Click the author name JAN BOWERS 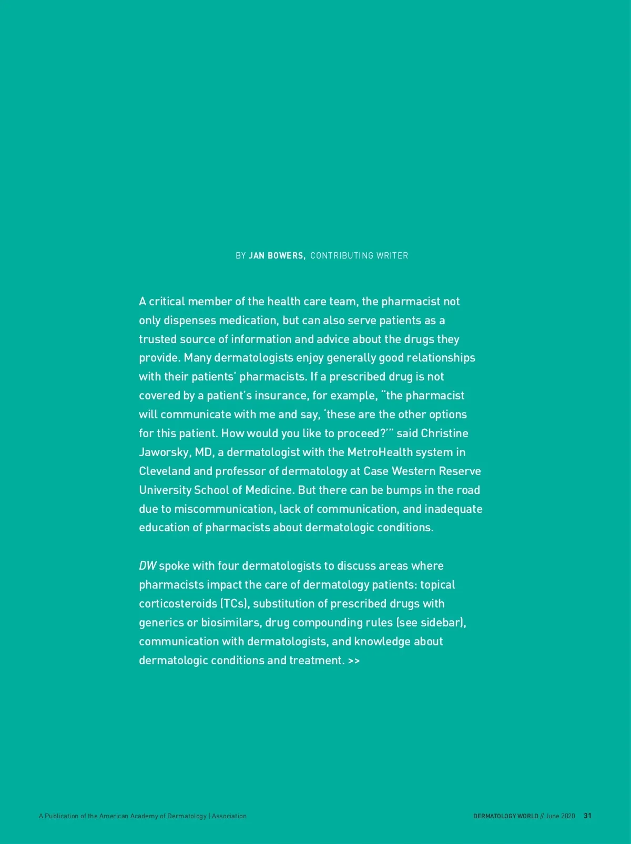[277, 256]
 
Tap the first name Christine [444, 434]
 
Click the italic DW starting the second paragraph [147, 566]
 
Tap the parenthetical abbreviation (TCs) [234, 604]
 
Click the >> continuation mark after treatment [354, 661]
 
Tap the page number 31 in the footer [588, 816]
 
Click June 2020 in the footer [560, 816]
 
